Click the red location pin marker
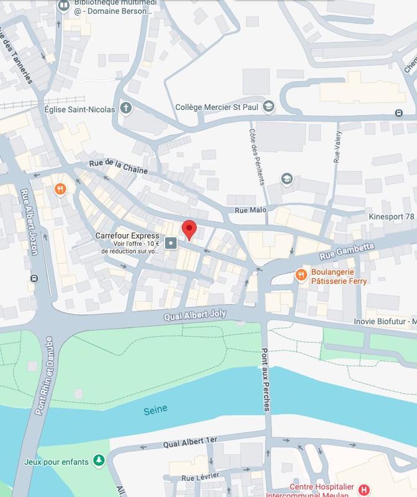[189, 229]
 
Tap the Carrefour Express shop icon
[171, 243]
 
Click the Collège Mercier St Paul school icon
[268, 106]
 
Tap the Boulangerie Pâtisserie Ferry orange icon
[301, 274]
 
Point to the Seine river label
[155, 411]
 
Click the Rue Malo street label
[251, 210]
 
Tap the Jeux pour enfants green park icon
[99, 460]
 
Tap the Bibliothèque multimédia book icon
[64, 6]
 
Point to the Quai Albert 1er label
[191, 442]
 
